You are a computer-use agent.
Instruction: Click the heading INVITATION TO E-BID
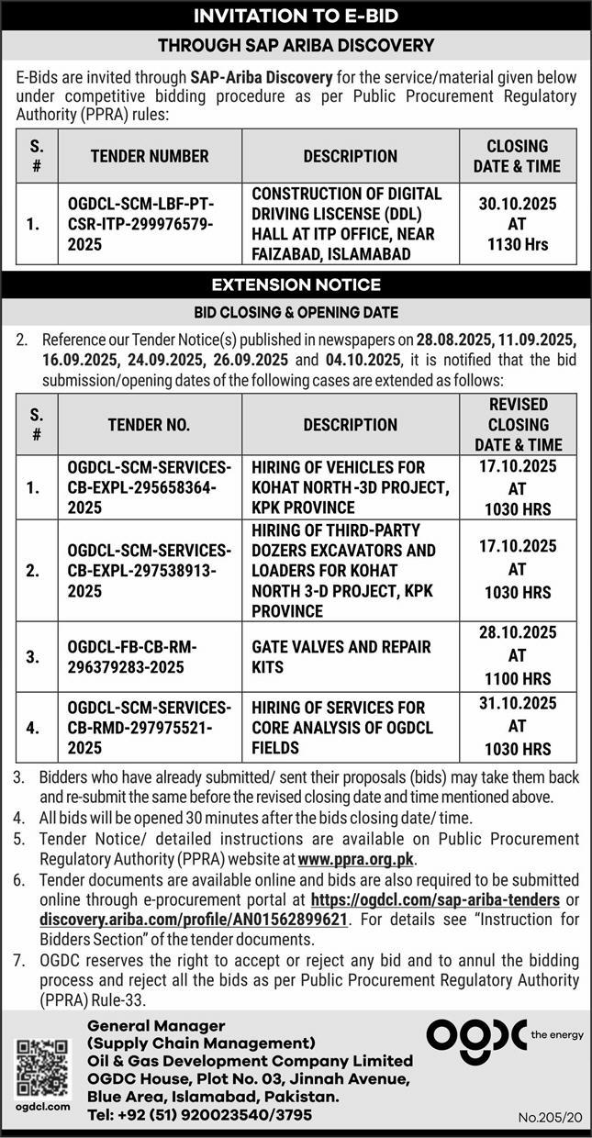[x=296, y=16]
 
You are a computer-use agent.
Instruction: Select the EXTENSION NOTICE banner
[x=296, y=284]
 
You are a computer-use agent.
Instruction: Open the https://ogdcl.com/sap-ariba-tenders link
[x=435, y=899]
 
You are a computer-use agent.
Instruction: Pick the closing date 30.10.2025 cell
[x=518, y=224]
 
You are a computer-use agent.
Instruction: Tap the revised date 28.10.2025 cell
[x=518, y=657]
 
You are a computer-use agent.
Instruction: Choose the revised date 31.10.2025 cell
[x=518, y=727]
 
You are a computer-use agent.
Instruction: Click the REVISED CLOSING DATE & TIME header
[x=518, y=425]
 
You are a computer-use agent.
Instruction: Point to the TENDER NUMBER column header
[x=150, y=156]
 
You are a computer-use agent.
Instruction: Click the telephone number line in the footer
[x=199, y=1115]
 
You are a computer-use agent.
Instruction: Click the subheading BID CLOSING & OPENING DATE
[x=296, y=313]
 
